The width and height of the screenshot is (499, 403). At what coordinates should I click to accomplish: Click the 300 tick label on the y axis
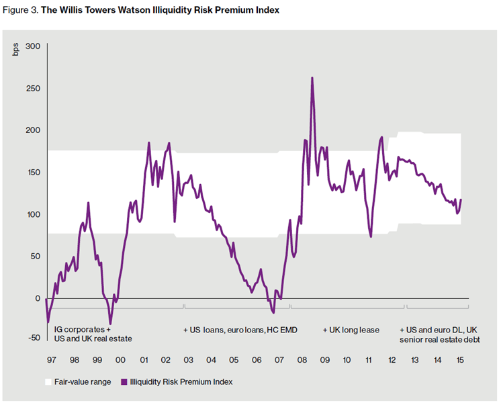[33, 46]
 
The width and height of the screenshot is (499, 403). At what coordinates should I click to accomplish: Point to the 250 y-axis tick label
[33, 88]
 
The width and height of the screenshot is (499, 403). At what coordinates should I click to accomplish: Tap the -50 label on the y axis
[34, 338]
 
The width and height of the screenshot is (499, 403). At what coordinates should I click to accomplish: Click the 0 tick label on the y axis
[38, 299]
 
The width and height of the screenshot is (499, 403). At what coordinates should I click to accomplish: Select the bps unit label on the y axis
[15, 50]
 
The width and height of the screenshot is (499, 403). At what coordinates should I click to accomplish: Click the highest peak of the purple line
[312, 78]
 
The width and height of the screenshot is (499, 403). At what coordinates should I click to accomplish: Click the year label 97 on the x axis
[51, 360]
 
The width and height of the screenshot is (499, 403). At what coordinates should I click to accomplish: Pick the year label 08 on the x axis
[302, 360]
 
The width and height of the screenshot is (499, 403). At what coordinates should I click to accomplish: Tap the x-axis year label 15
[460, 360]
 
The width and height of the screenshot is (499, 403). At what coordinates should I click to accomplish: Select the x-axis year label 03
[189, 360]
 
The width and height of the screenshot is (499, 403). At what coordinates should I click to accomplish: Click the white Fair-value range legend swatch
[48, 382]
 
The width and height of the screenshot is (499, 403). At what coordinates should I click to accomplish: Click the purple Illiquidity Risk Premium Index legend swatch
[124, 382]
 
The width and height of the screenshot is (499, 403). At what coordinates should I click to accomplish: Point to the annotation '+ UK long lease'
[351, 330]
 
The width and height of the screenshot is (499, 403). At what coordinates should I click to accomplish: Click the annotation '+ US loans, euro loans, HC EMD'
[240, 330]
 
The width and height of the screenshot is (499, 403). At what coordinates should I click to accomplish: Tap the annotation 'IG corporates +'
[83, 330]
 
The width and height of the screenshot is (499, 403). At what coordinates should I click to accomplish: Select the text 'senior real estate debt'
[440, 340]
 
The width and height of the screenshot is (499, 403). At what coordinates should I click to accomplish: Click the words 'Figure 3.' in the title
[21, 10]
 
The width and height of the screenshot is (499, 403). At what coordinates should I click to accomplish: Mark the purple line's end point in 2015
[461, 199]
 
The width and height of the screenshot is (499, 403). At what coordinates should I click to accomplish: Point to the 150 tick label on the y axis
[33, 172]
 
